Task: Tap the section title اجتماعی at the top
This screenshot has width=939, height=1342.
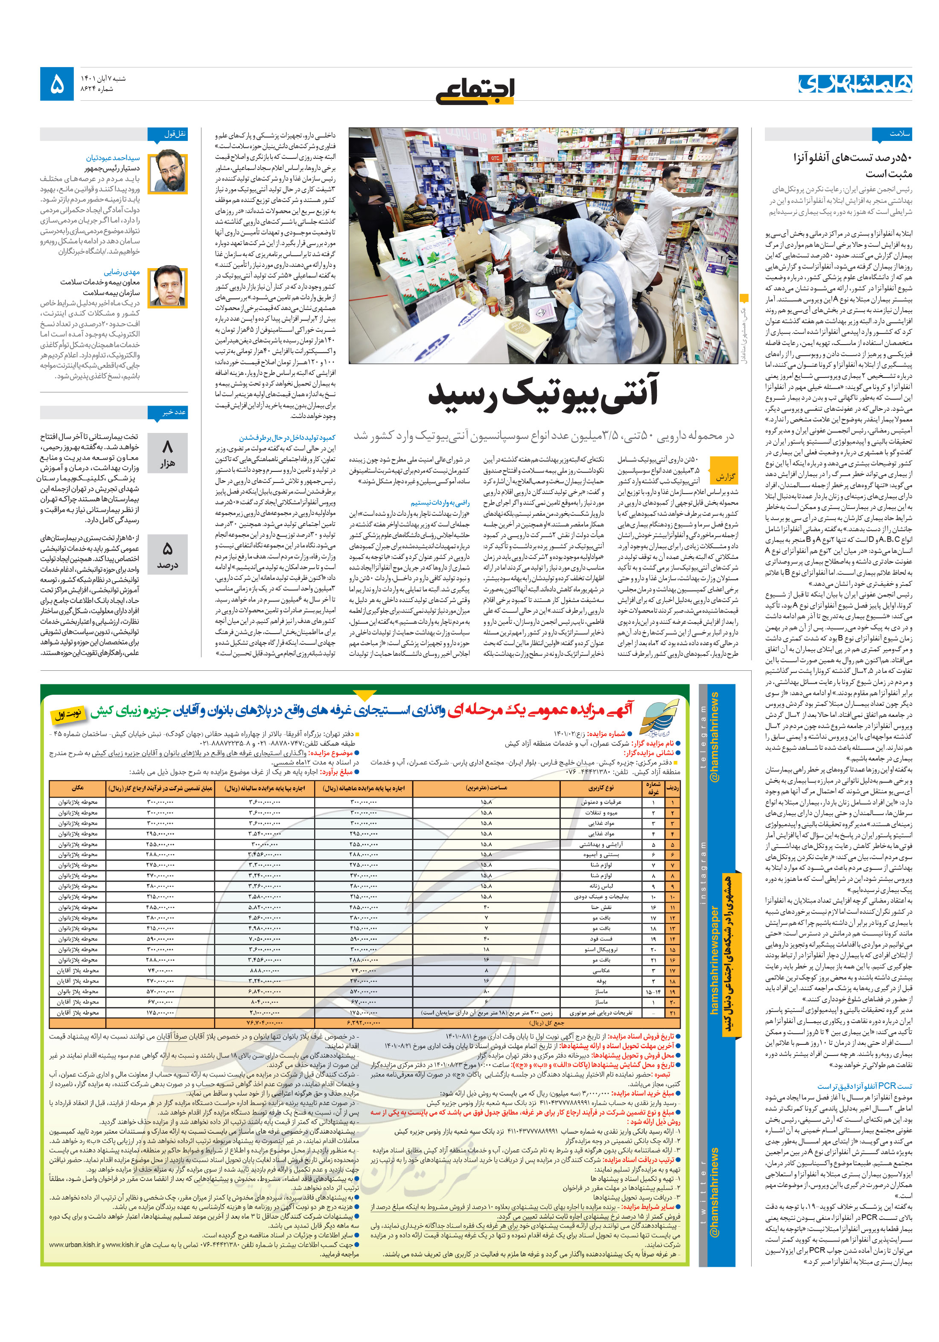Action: click(475, 90)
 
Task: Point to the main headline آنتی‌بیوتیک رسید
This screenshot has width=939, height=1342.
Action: click(543, 393)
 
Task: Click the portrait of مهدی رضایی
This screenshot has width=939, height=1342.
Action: click(168, 287)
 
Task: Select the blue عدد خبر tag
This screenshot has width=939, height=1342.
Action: click(174, 412)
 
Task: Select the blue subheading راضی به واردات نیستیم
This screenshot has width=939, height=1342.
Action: click(439, 502)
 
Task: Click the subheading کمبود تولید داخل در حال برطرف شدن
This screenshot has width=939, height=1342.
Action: click(287, 437)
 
